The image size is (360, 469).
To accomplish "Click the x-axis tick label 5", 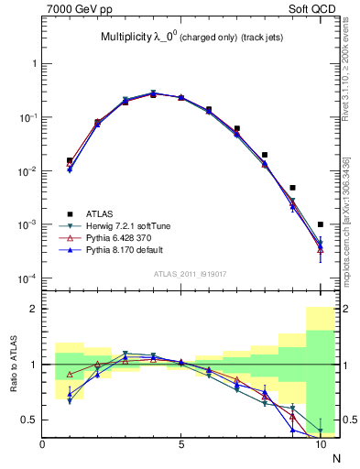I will tap(181, 445).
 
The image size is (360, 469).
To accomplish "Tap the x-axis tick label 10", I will tap(320, 445).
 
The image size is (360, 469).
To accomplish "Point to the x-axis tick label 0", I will tap(43, 445).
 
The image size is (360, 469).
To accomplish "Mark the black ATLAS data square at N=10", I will tap(320, 224).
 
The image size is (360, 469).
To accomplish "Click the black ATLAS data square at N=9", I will tap(292, 188).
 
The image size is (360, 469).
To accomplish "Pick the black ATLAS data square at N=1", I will tap(70, 160).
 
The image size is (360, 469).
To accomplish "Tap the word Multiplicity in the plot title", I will tap(127, 38).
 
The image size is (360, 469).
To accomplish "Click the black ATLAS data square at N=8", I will tap(265, 155).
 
